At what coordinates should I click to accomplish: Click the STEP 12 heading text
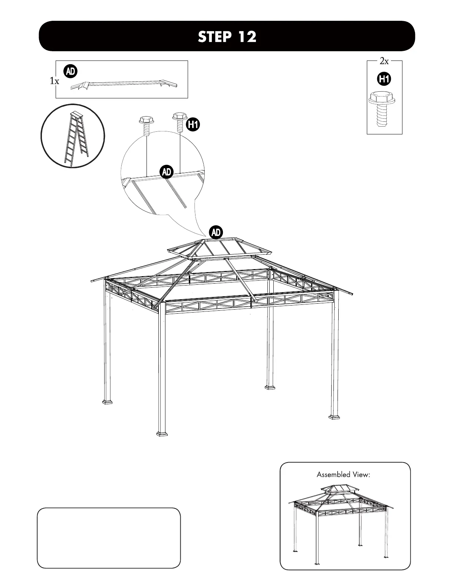227,37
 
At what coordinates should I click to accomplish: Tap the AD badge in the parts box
70,72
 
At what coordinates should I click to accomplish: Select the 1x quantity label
55,81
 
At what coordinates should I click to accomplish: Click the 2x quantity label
384,62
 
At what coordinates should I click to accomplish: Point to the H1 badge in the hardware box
384,79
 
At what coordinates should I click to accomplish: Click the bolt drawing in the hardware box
382,109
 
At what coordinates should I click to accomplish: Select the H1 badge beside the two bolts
193,124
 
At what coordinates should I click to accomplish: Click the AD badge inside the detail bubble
167,171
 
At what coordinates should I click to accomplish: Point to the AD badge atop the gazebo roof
216,233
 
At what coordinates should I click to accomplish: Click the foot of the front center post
162,433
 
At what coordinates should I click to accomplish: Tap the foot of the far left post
107,402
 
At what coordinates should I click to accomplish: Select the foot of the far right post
334,416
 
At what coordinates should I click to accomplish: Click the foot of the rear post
270,387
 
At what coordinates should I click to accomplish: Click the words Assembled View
343,474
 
